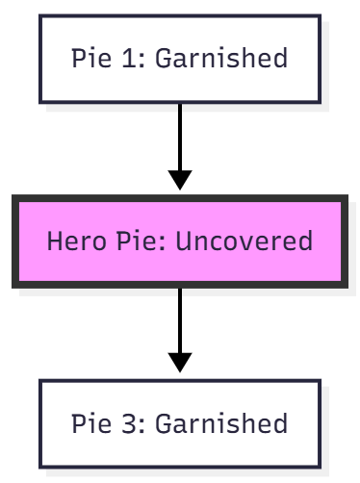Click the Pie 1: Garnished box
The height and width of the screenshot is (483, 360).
pyautogui.click(x=180, y=59)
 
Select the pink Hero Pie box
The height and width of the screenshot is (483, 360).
pyautogui.click(x=180, y=241)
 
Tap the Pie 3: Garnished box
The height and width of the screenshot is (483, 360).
pyautogui.click(x=180, y=423)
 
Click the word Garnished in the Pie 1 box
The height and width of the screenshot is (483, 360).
pyautogui.click(x=221, y=59)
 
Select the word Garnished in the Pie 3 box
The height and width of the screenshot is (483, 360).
pyautogui.click(x=221, y=423)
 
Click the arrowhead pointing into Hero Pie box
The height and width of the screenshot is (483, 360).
pyautogui.click(x=180, y=180)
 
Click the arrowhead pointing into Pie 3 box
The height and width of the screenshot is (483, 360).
pyautogui.click(x=180, y=362)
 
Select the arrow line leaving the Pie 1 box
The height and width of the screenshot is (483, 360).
pyautogui.click(x=180, y=135)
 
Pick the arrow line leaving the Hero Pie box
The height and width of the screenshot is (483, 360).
pyautogui.click(x=180, y=318)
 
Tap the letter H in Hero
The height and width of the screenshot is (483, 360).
pyautogui.click(x=53, y=241)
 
